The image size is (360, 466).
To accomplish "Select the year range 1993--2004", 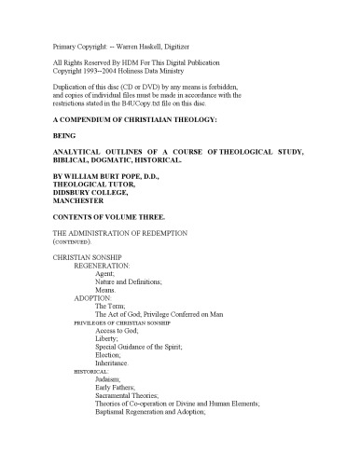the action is click(105, 70).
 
